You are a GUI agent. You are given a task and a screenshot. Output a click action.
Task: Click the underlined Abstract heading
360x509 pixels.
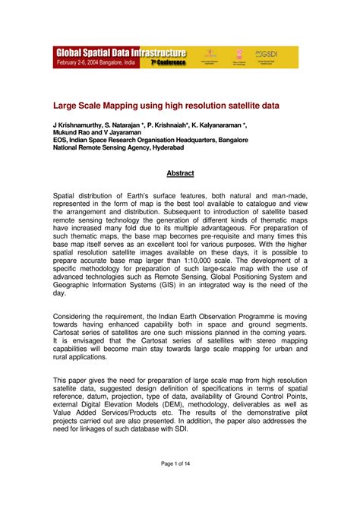[x=180, y=173]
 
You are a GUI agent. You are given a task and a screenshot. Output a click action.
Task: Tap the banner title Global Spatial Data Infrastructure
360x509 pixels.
[x=120, y=52]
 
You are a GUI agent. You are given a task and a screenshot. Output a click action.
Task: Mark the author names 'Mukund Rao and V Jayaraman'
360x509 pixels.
[x=97, y=131]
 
